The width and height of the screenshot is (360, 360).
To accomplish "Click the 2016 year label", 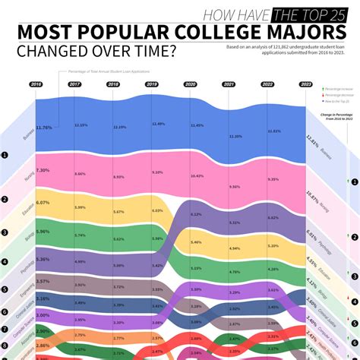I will click(35, 84).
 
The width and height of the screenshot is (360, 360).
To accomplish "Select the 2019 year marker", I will click(151, 84).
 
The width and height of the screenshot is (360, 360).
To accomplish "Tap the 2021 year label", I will click(229, 84).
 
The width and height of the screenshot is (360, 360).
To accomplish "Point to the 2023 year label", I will click(306, 84).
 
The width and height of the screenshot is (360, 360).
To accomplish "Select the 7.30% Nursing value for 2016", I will click(43, 170).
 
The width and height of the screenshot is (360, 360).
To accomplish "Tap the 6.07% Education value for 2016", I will click(43, 203).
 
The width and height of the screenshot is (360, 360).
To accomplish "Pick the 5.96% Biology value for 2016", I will click(43, 232).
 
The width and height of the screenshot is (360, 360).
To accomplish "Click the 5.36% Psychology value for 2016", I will click(43, 260).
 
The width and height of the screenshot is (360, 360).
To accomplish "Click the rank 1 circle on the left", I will click(5, 156).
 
